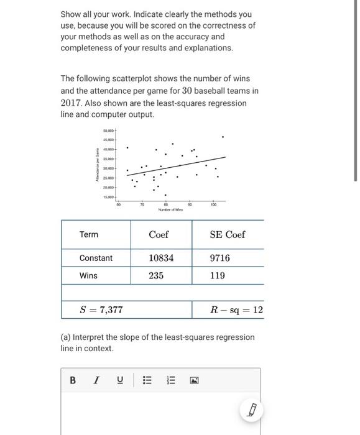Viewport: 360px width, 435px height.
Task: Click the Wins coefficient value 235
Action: tap(156, 275)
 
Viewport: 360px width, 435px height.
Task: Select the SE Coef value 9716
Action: tap(219, 257)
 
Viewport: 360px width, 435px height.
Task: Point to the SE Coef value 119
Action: tap(217, 275)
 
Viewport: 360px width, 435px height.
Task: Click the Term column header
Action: tap(89, 234)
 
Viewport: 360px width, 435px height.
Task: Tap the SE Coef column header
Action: tap(227, 234)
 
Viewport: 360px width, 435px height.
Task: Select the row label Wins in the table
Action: tap(88, 275)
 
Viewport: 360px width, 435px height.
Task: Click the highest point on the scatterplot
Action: tap(223, 137)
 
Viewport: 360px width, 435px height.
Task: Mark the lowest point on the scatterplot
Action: tap(165, 195)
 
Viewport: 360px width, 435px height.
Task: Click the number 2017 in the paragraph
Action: tap(73, 102)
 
